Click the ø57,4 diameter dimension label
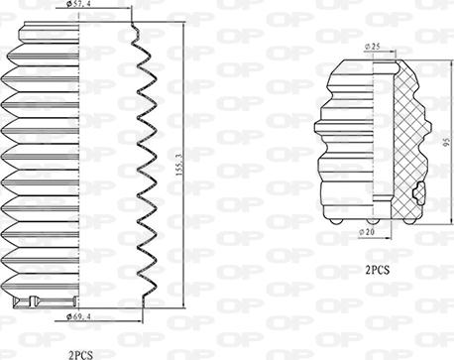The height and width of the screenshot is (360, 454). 77,5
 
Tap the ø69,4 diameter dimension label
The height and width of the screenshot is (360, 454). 78,317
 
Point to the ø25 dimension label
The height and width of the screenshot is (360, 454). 373,47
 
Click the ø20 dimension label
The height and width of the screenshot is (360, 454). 367,232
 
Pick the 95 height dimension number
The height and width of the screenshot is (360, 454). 447,142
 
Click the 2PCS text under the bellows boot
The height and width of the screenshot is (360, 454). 80,355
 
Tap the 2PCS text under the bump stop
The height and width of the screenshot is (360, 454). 378,271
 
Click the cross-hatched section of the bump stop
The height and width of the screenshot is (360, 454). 408,139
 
